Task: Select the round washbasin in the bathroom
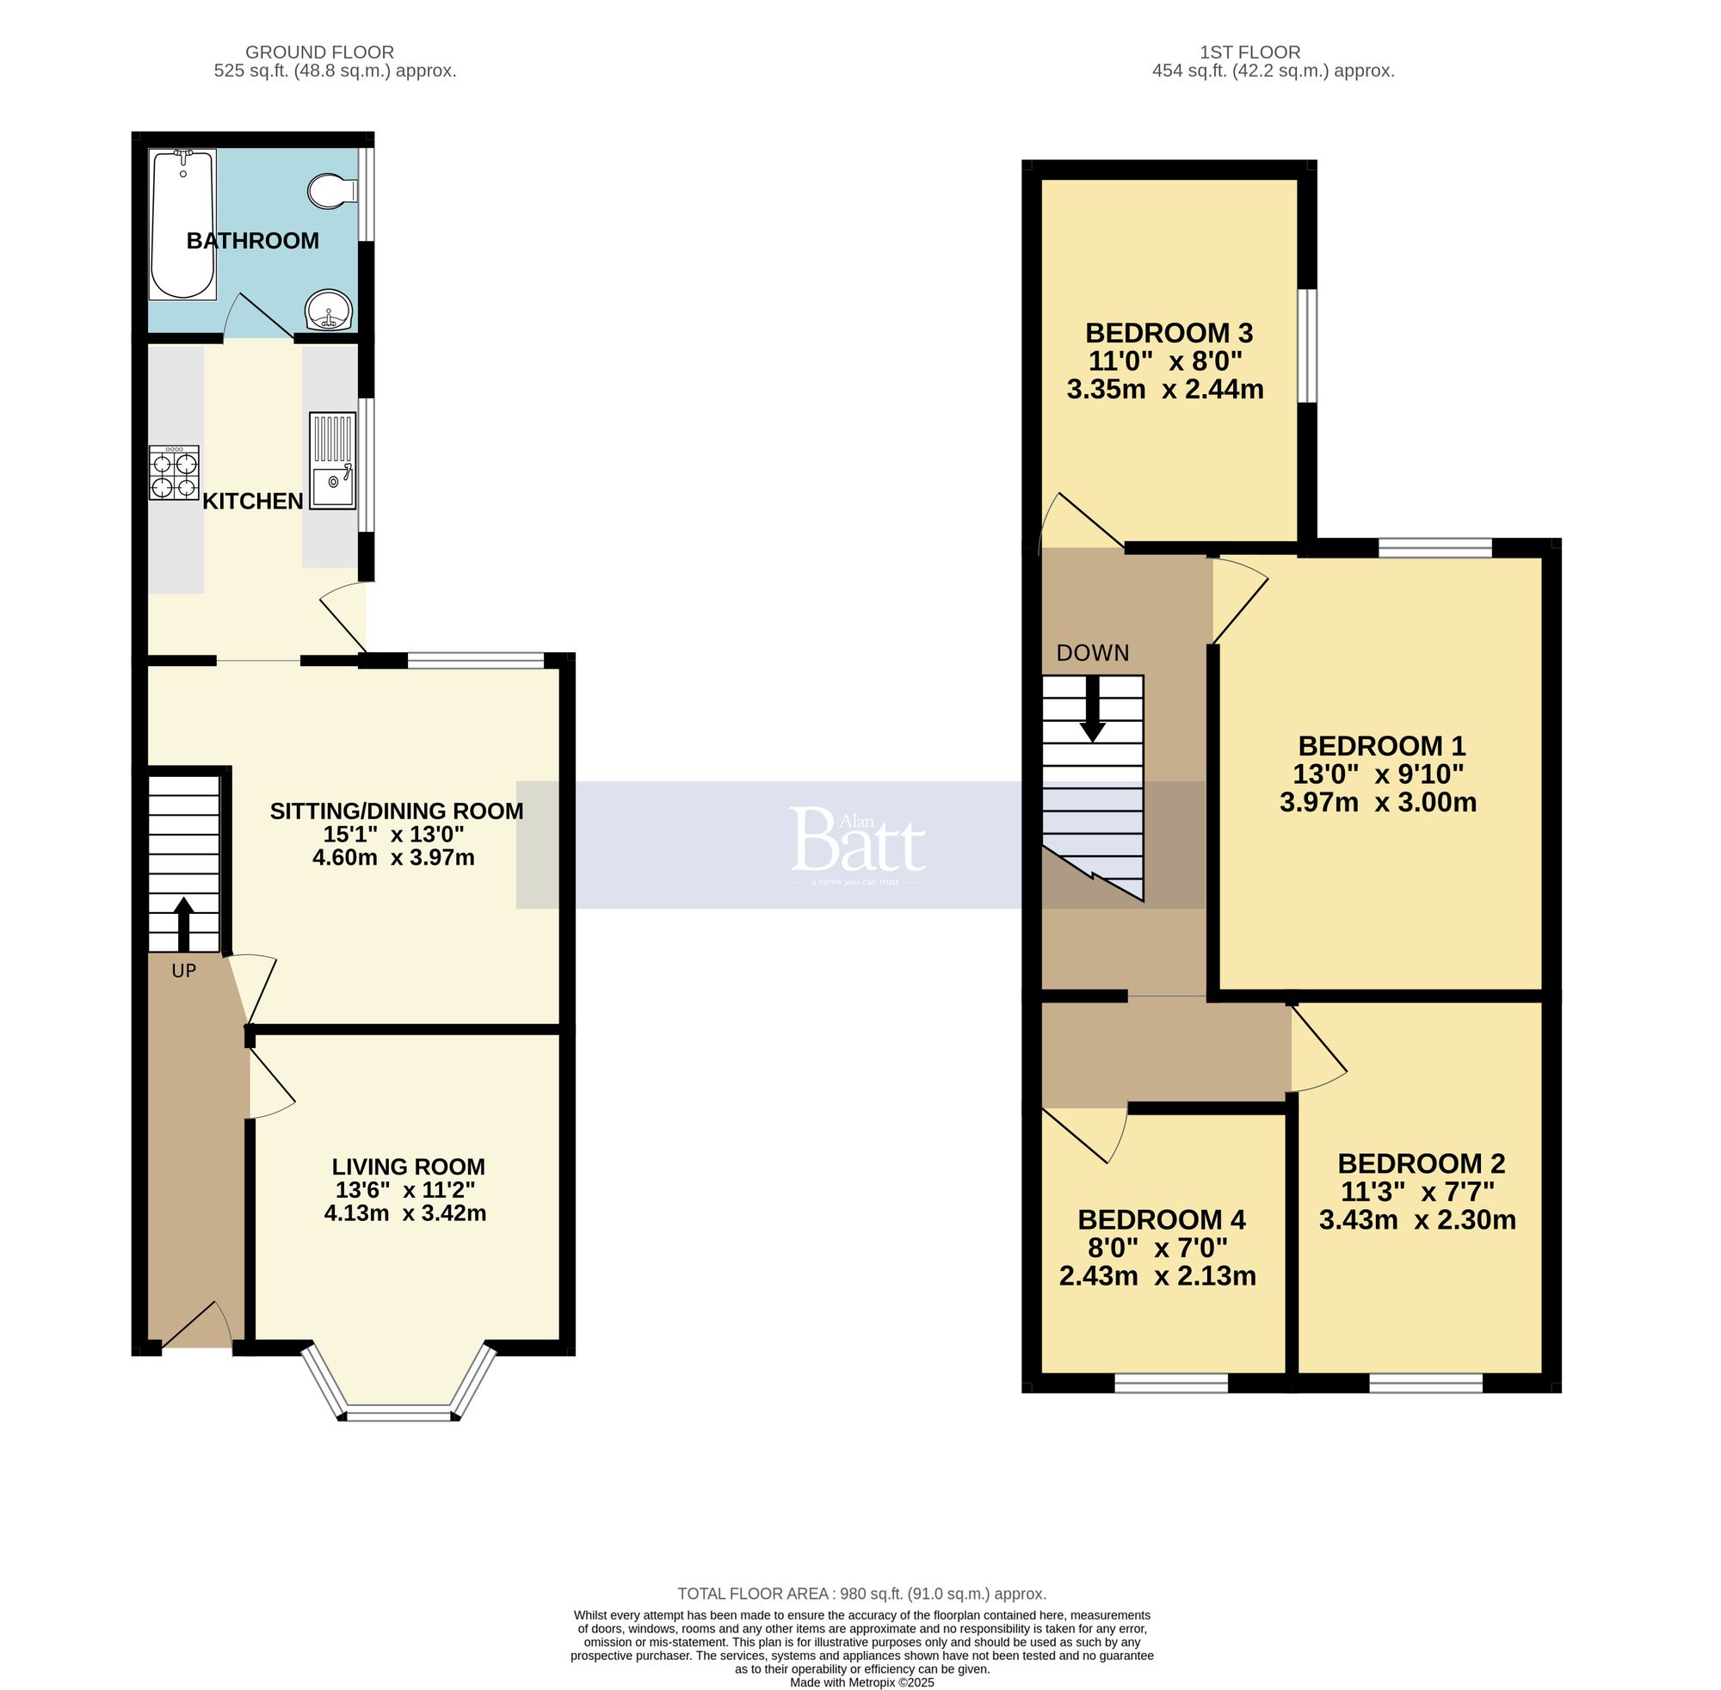coord(330,310)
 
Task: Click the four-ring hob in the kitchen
coord(174,473)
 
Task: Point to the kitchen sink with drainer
coord(332,460)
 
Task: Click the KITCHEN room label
coord(253,502)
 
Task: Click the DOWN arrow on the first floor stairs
coord(1093,709)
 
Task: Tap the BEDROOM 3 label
coord(1168,334)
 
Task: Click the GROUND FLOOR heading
coord(319,52)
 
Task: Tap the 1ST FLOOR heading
coord(1249,52)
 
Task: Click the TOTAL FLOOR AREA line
coord(861,1593)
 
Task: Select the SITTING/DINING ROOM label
coord(396,811)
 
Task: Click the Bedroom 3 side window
coord(1308,345)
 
